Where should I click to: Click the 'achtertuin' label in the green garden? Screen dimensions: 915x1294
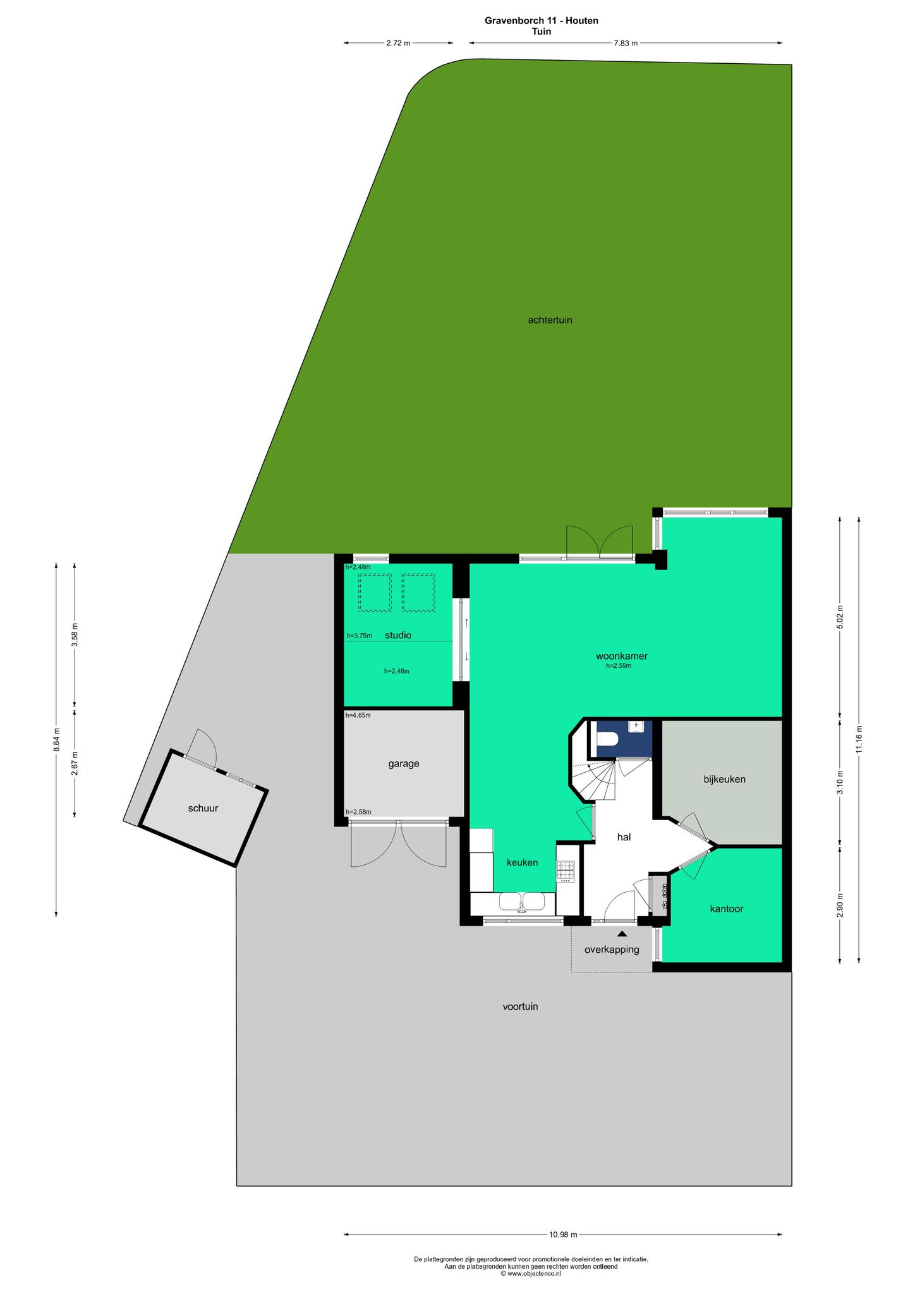pyautogui.click(x=550, y=320)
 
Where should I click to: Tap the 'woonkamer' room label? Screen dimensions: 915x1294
pyautogui.click(x=622, y=656)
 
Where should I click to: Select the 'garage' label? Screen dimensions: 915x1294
pyautogui.click(x=404, y=764)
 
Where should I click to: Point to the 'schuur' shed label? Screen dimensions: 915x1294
pyautogui.click(x=203, y=807)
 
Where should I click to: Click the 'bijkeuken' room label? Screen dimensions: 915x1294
pyautogui.click(x=725, y=779)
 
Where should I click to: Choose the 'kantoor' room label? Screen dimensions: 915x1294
pyautogui.click(x=727, y=909)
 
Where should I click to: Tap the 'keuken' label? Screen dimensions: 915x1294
pyautogui.click(x=522, y=862)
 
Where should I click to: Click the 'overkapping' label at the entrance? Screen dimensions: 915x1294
pyautogui.click(x=612, y=949)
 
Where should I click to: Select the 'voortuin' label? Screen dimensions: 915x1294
pyautogui.click(x=520, y=1007)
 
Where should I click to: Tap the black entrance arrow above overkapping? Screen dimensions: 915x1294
pyautogui.click(x=622, y=933)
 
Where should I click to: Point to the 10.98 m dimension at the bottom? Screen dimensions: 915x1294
pyautogui.click(x=563, y=1233)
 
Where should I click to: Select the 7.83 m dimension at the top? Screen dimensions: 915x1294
pyautogui.click(x=626, y=43)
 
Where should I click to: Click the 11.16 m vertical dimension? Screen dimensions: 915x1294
pyautogui.click(x=859, y=739)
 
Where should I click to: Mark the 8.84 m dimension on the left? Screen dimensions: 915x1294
pyautogui.click(x=56, y=739)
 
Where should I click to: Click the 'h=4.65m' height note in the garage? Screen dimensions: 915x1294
pyautogui.click(x=358, y=715)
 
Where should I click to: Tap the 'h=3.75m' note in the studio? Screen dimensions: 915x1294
pyautogui.click(x=359, y=636)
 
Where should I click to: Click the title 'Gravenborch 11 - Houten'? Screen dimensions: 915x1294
pyautogui.click(x=542, y=20)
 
